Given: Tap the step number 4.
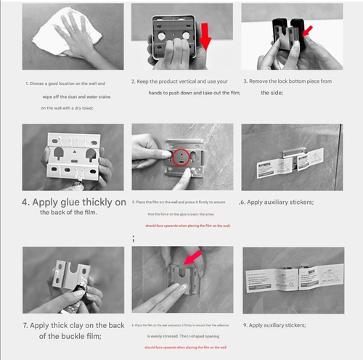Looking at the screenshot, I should point(25,202).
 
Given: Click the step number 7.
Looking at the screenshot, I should point(25,325).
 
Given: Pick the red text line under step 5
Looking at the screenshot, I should point(187,226).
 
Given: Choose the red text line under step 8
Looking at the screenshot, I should point(185,347).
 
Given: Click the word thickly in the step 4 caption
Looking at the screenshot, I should point(107,202).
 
